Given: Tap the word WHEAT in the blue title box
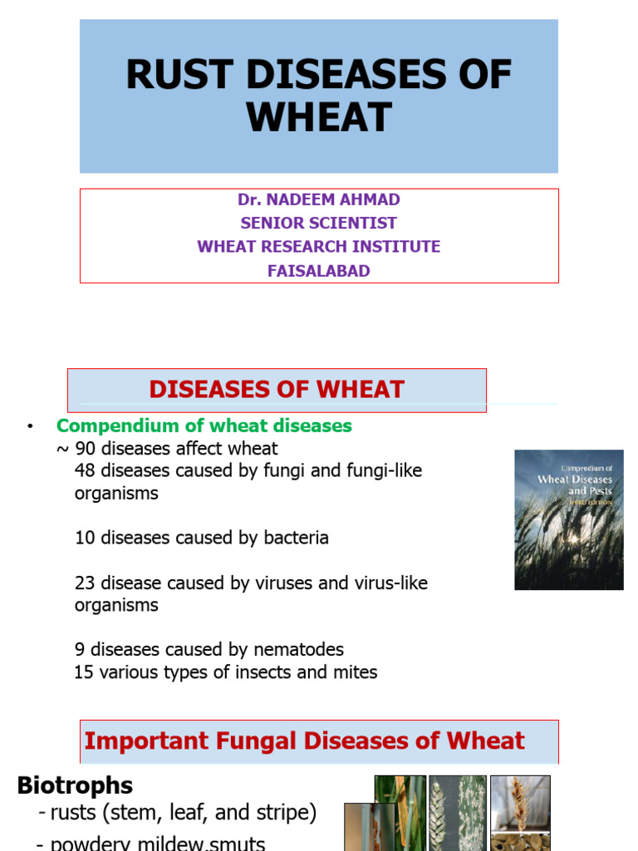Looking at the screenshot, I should pyautogui.click(x=319, y=118).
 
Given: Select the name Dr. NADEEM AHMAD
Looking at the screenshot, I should pyautogui.click(x=319, y=200).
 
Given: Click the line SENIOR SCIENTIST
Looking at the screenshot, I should pyautogui.click(x=319, y=224).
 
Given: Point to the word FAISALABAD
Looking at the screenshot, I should pyautogui.click(x=319, y=272).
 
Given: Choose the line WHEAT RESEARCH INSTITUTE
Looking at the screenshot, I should pyautogui.click(x=319, y=248).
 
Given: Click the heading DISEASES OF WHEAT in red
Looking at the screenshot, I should pyautogui.click(x=277, y=389).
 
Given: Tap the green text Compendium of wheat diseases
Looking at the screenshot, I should pyautogui.click(x=204, y=426).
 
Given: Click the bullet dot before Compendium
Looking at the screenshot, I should pyautogui.click(x=30, y=427).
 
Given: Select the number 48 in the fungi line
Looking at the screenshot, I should pyautogui.click(x=85, y=471).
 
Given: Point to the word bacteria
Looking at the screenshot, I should pyautogui.click(x=296, y=539).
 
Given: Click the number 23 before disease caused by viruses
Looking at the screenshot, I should pyautogui.click(x=85, y=583).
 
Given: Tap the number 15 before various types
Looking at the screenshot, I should pyautogui.click(x=84, y=672).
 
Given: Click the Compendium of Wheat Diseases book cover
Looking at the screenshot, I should pyautogui.click(x=568, y=520).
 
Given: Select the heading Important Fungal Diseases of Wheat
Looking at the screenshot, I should pyautogui.click(x=305, y=741).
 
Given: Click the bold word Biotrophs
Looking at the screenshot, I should pyautogui.click(x=75, y=785).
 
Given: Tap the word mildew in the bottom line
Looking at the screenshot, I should pyautogui.click(x=165, y=844).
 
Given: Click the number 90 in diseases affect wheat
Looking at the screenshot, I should pyautogui.click(x=86, y=449).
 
